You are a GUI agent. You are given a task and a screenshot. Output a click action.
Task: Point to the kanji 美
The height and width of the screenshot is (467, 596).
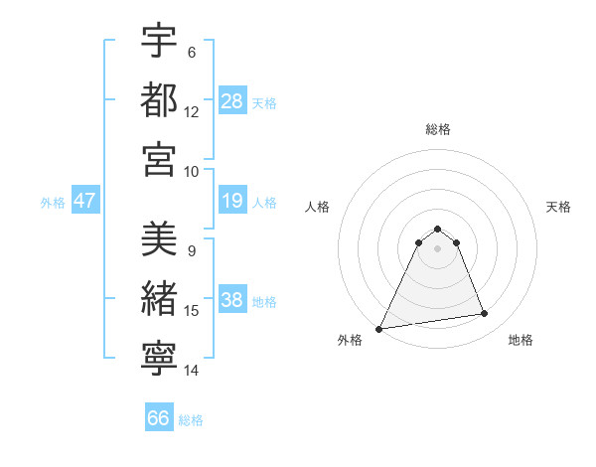pyautogui.click(x=159, y=239)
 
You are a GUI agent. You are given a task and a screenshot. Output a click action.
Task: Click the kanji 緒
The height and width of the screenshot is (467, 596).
pyautogui.click(x=159, y=299)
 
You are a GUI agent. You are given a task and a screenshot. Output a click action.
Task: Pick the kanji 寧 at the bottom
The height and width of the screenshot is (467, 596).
pyautogui.click(x=159, y=359)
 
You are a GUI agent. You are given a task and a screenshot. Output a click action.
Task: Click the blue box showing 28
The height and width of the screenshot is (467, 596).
pyautogui.click(x=232, y=100)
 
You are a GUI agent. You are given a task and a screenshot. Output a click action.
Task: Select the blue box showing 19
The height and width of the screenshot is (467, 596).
pyautogui.click(x=232, y=202)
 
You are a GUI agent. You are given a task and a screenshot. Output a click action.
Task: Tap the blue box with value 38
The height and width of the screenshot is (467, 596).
pyautogui.click(x=232, y=301)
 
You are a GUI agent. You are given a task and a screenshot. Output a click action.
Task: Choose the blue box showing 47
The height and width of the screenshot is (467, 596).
pyautogui.click(x=84, y=201)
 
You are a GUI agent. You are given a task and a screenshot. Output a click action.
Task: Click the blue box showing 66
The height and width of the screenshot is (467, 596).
pyautogui.click(x=159, y=418)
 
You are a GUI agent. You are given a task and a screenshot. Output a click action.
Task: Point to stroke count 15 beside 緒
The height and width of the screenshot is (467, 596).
pyautogui.click(x=192, y=311)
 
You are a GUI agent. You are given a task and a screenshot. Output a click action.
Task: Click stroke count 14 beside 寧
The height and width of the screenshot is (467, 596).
pyautogui.click(x=192, y=371)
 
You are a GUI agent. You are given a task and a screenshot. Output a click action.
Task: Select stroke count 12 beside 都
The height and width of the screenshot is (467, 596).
pyautogui.click(x=192, y=111)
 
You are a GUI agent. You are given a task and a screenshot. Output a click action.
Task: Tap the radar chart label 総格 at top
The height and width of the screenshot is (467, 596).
pyautogui.click(x=438, y=129)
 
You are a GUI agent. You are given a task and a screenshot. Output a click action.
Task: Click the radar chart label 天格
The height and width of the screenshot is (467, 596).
pyautogui.click(x=559, y=207)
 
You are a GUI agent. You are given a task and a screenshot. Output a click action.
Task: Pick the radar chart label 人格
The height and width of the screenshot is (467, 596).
pyautogui.click(x=317, y=207)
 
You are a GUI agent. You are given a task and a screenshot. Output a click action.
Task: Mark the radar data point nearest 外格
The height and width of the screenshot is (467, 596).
pyautogui.click(x=379, y=328)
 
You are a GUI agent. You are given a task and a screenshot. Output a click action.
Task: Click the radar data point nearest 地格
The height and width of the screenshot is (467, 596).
pyautogui.click(x=485, y=314)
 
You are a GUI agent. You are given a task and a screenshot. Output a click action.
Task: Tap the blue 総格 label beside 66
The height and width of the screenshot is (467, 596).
pyautogui.click(x=191, y=420)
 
